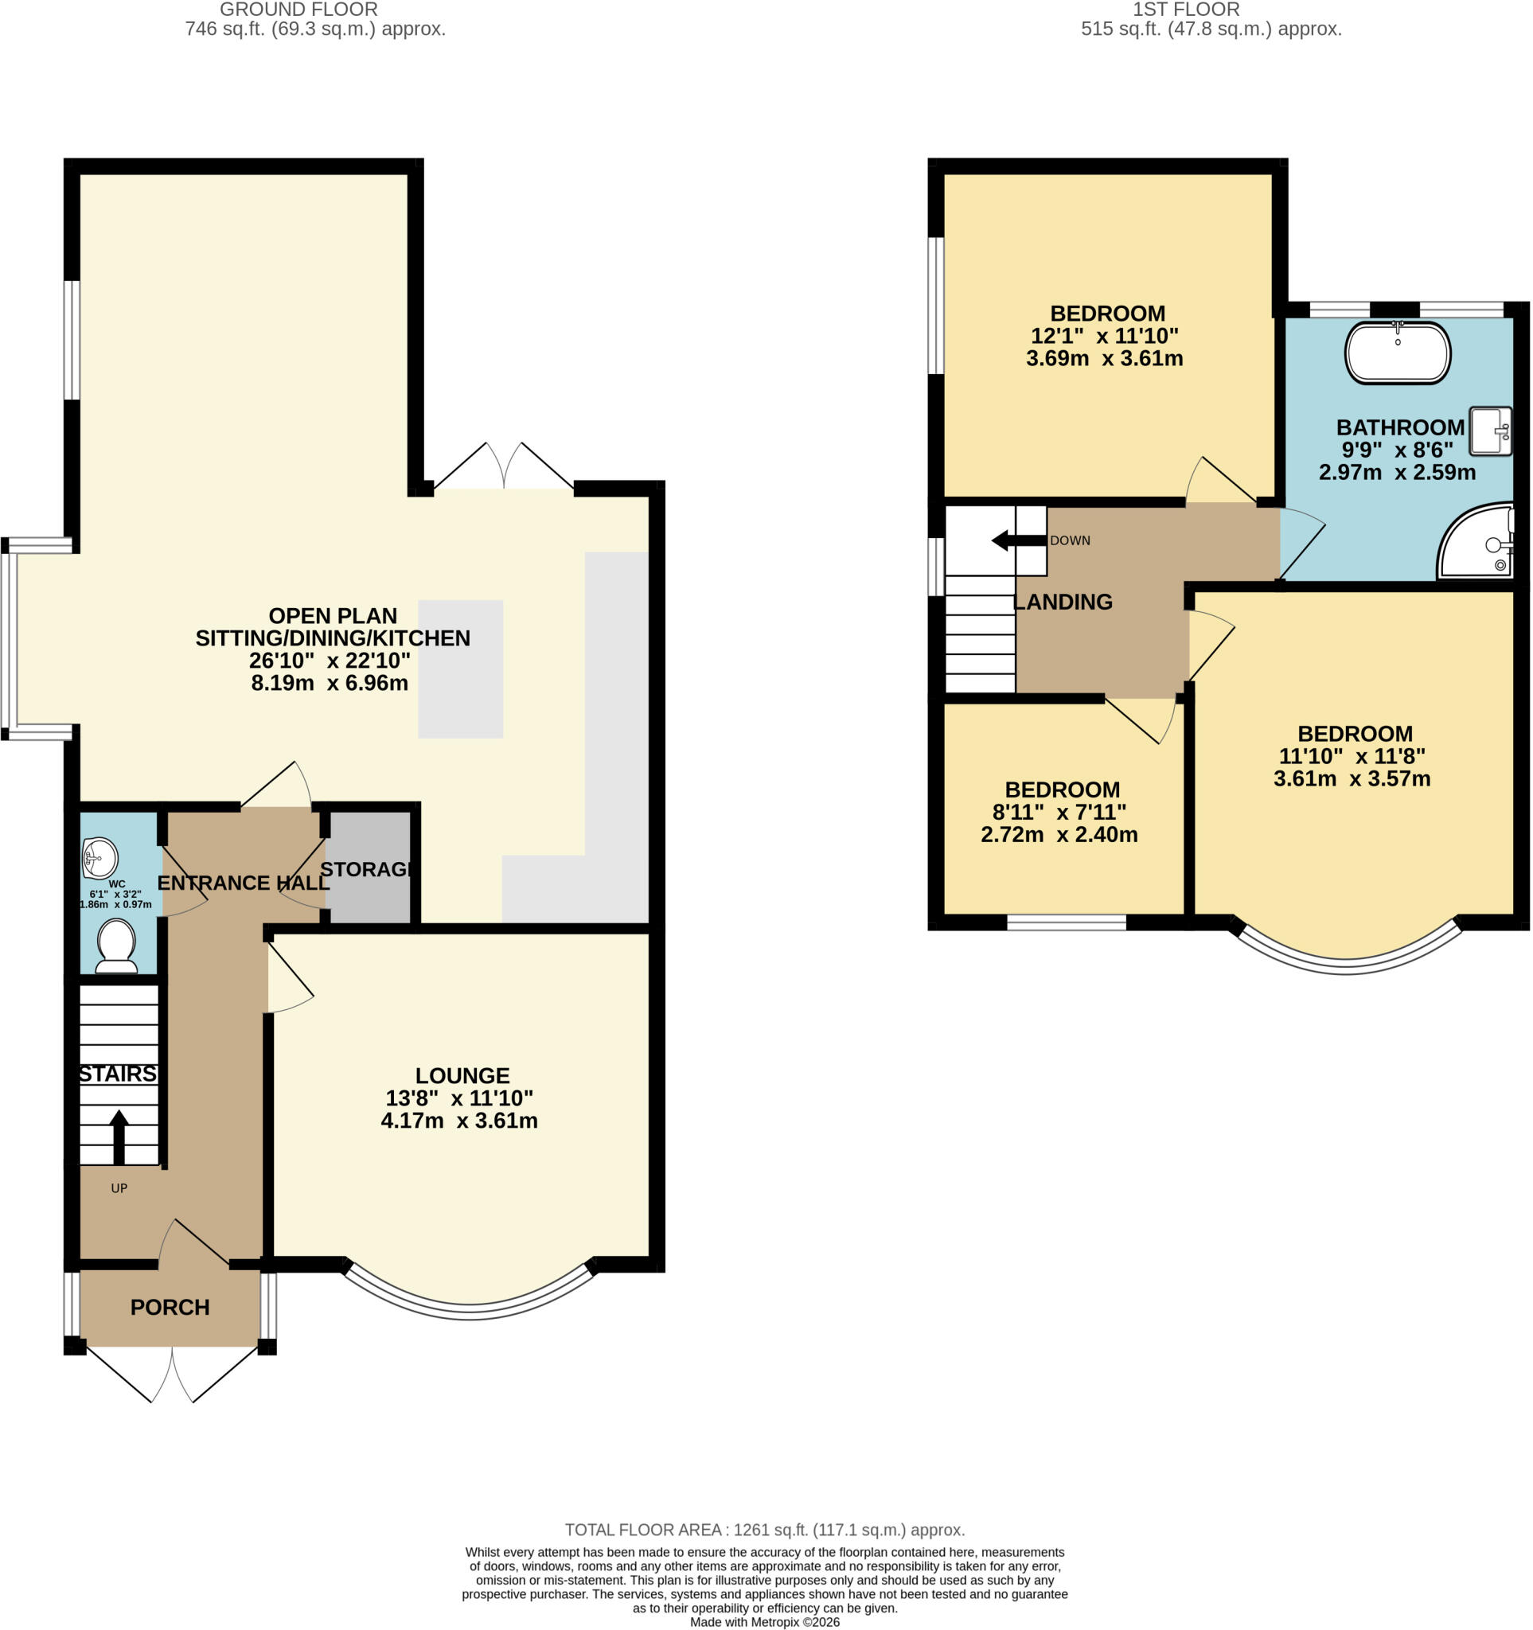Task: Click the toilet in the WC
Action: click(116, 946)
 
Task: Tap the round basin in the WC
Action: click(100, 859)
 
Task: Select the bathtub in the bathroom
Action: click(1398, 353)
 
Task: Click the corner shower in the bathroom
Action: click(1476, 541)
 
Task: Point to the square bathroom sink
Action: click(1490, 431)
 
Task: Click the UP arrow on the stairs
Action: click(119, 1137)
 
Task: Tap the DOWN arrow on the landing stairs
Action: click(1020, 541)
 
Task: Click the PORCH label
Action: click(170, 1307)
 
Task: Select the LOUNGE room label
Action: click(462, 1076)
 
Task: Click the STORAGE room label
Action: click(365, 869)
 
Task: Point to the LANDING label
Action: click(1063, 602)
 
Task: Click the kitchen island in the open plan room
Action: click(461, 669)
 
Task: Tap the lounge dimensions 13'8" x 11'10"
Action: click(460, 1098)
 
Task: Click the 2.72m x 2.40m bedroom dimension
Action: click(1059, 835)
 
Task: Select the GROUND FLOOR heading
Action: click(298, 10)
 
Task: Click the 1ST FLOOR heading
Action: click(1186, 10)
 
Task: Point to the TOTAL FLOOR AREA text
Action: click(765, 1530)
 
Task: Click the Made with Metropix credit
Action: click(765, 1623)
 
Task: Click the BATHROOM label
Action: click(1400, 427)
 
